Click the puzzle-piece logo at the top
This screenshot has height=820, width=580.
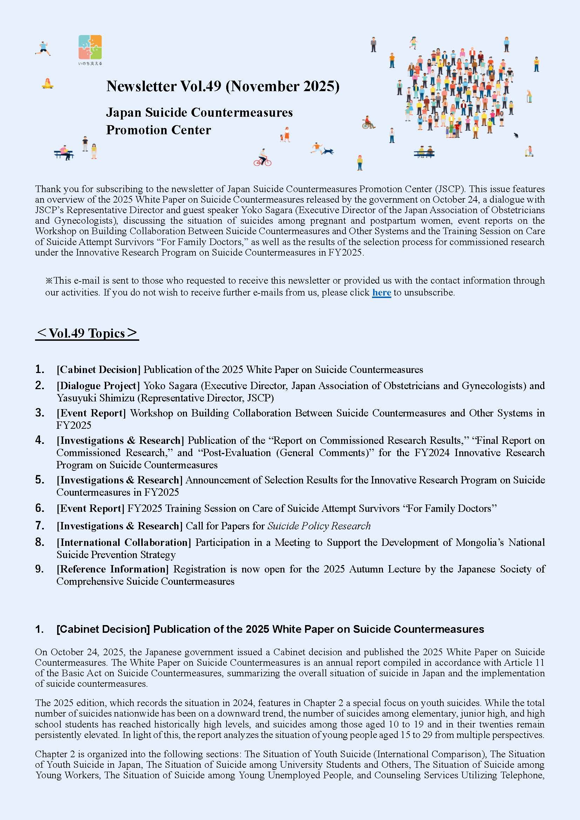tap(90, 47)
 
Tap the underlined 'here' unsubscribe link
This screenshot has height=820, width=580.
tap(382, 292)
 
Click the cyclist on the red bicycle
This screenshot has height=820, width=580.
tap(263, 158)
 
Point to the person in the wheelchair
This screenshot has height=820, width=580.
tap(368, 122)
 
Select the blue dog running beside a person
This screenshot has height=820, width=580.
tap(328, 151)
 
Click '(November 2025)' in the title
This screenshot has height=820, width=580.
tap(282, 86)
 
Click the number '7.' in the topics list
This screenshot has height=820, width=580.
tap(40, 526)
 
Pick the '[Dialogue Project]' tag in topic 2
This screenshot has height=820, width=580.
tap(98, 386)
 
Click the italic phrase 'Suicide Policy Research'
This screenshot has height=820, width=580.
tap(319, 526)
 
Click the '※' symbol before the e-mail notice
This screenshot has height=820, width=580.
tap(49, 281)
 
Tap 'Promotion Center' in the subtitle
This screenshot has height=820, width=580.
tap(159, 130)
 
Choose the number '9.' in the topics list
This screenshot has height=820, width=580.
tap(40, 569)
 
